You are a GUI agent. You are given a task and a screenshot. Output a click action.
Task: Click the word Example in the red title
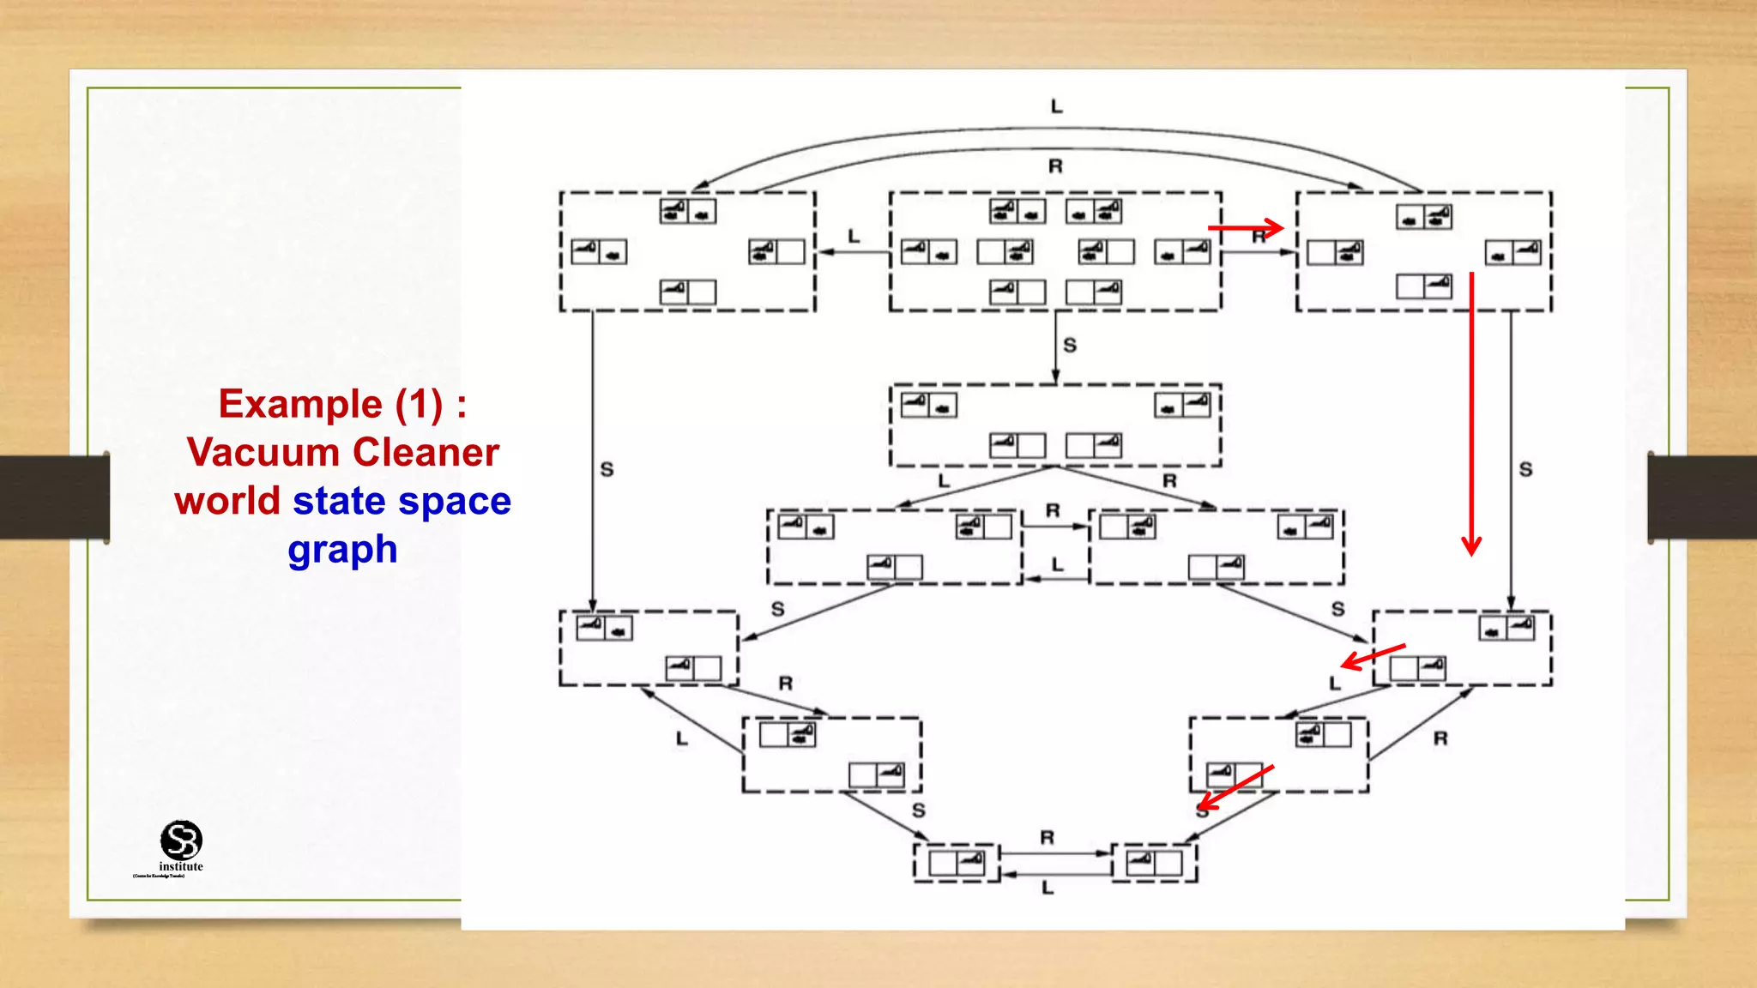300,405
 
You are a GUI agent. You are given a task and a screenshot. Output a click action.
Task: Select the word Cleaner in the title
426,453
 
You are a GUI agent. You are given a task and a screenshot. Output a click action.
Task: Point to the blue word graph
342,550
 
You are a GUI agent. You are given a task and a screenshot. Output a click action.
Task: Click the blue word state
339,501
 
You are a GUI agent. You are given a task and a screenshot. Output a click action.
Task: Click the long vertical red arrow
1471,412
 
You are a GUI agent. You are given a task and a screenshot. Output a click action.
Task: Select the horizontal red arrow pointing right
1244,228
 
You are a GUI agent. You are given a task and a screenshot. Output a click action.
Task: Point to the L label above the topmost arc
1056,106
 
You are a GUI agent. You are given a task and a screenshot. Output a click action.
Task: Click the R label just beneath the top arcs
1055,166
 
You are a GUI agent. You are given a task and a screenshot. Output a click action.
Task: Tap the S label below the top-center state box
1070,346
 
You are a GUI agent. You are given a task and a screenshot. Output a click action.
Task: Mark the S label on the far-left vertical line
607,470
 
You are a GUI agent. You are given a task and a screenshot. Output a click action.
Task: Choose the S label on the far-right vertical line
1525,470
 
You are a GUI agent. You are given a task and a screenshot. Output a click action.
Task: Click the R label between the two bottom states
1047,838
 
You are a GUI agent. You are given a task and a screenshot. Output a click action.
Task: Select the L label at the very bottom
1048,889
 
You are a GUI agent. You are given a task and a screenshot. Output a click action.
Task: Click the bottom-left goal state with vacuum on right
957,862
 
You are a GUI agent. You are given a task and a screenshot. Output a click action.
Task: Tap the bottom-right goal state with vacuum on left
1154,862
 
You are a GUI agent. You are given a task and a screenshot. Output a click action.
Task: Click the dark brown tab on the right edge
1702,497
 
